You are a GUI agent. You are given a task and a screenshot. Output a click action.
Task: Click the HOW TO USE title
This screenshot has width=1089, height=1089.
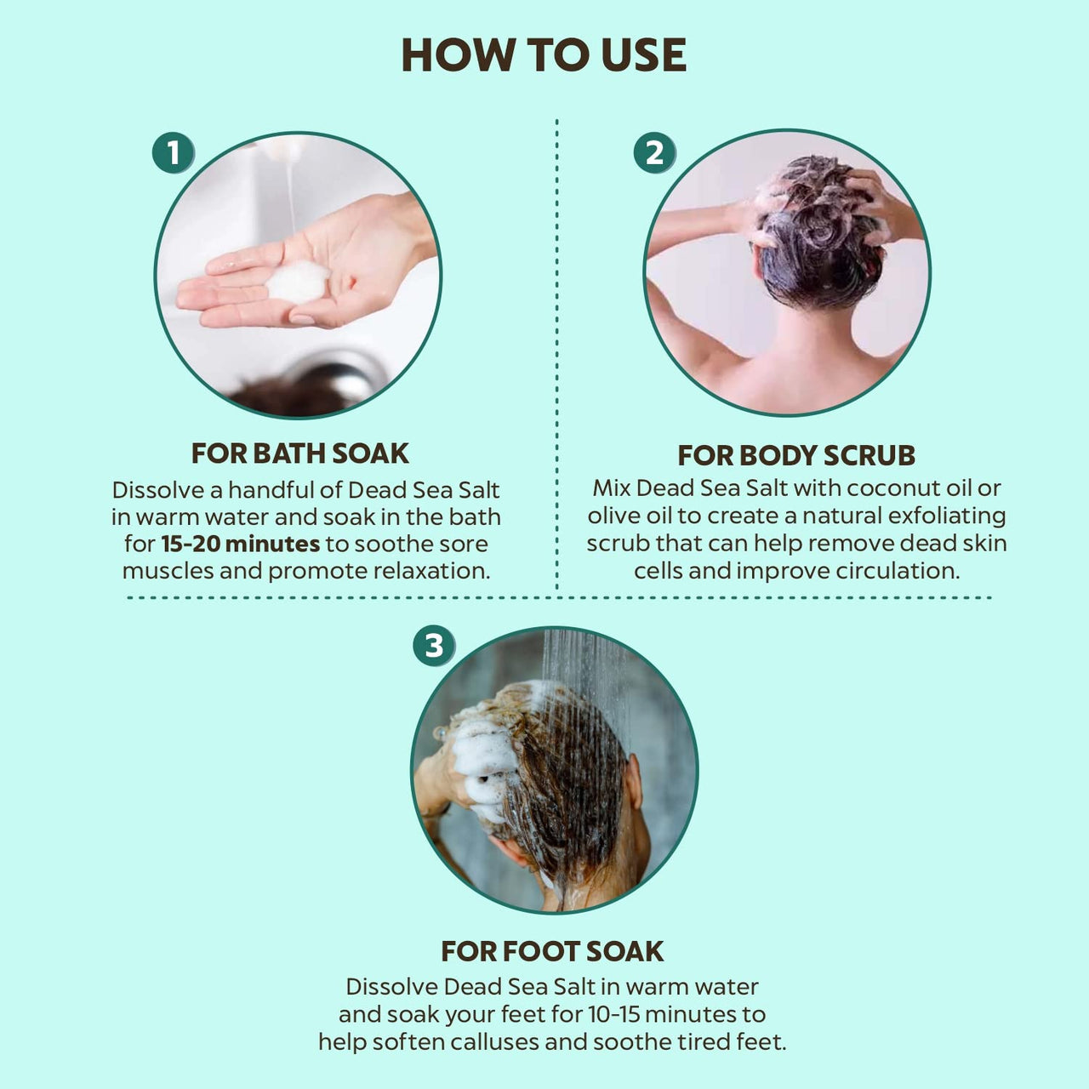point(544,55)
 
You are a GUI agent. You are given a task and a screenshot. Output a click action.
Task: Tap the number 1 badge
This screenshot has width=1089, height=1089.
point(174,152)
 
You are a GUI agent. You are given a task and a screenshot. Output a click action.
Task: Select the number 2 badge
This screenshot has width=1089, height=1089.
point(654,152)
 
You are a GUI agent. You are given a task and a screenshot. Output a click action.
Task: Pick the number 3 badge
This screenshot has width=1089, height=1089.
point(434,645)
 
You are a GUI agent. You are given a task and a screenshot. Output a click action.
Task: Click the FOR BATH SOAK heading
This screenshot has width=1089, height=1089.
point(300,453)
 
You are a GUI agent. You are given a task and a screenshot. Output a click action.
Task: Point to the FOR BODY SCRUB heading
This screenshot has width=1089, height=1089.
point(796,455)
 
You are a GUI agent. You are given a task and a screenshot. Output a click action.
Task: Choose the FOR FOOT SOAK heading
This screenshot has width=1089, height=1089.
point(552,951)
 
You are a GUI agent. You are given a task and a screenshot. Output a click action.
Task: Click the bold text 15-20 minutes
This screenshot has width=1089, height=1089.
point(241,544)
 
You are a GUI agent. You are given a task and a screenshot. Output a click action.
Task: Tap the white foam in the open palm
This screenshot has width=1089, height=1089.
point(298,281)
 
